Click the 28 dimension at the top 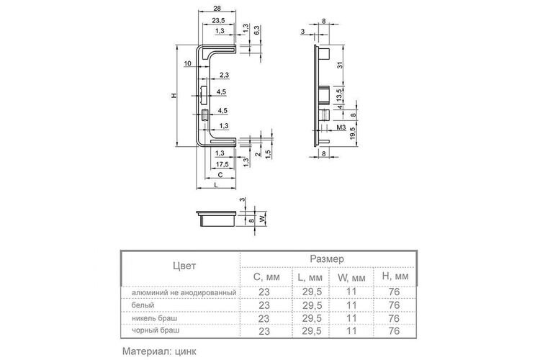tap(217, 8)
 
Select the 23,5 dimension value tap(218, 20)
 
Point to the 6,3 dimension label tap(257, 31)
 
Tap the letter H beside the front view tap(174, 96)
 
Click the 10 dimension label tap(187, 63)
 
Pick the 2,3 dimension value tap(224, 75)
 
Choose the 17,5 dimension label tap(222, 164)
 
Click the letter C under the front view tap(220, 175)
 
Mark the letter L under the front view tap(216, 184)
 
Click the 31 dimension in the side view tap(340, 65)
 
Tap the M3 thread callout tap(341, 128)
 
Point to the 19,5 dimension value tap(352, 133)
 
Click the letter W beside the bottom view tap(263, 219)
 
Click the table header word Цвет tap(184, 266)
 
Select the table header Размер tap(327, 258)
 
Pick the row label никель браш tap(155, 318)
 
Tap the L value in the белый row tap(312, 305)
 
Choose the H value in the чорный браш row tap(394, 331)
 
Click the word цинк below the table tap(186, 352)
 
